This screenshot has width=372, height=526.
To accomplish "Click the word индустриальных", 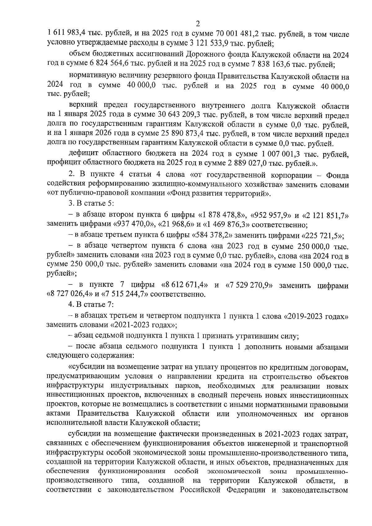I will click(158, 386).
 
